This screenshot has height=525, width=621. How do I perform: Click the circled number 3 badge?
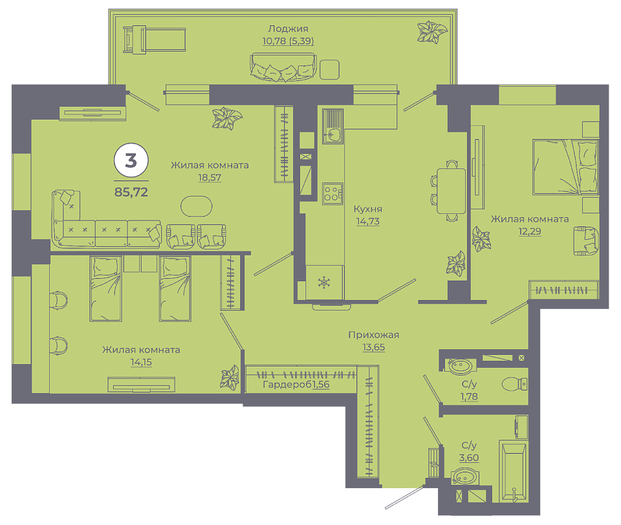tap(131, 161)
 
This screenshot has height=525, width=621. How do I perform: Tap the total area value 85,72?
tap(131, 192)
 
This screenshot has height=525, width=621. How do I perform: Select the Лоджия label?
tap(288, 28)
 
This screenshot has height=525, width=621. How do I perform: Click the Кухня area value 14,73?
tap(367, 221)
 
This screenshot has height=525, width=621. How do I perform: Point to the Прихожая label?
tap(373, 334)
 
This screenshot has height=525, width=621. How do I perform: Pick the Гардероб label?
tap(288, 385)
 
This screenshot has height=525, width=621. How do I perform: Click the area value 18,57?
tap(210, 178)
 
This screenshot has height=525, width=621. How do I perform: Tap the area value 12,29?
tap(530, 231)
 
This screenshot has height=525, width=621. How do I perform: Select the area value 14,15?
tap(141, 362)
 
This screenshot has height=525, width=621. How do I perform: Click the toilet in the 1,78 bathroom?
tap(514, 384)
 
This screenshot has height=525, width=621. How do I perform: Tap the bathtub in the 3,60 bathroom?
tap(514, 471)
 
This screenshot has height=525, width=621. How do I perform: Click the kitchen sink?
tap(332, 127)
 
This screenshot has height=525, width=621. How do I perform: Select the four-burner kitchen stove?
tap(332, 193)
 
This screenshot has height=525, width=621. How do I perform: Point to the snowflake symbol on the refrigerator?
tap(324, 283)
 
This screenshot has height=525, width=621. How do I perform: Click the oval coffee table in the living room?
tap(197, 206)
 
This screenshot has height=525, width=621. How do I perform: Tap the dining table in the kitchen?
tap(451, 191)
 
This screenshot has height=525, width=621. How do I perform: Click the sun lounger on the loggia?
tap(155, 39)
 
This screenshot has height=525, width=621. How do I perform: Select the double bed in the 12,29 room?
tap(565, 167)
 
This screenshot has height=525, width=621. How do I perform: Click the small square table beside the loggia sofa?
tap(329, 70)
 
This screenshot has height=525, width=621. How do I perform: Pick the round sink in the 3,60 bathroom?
tap(464, 477)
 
